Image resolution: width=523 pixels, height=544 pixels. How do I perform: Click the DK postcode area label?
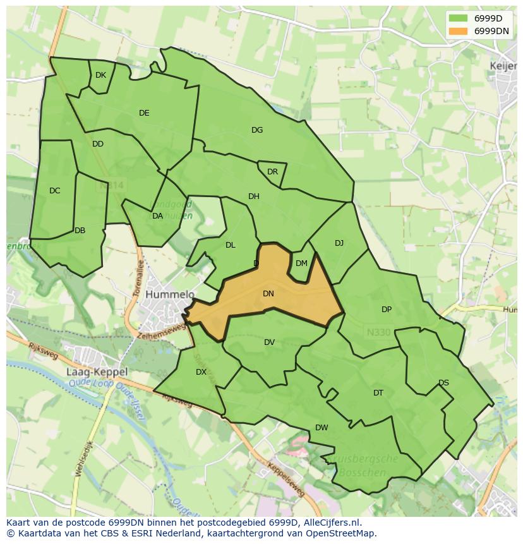(x=100, y=75)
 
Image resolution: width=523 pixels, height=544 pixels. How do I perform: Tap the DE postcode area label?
(x=144, y=113)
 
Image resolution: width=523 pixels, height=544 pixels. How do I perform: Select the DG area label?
(x=257, y=130)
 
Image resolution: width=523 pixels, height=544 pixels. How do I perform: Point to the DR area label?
(x=272, y=172)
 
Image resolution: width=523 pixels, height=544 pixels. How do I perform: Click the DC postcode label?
(x=55, y=191)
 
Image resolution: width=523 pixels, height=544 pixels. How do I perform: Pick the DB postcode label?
(x=80, y=231)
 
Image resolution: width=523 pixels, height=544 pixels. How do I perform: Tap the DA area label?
(x=158, y=216)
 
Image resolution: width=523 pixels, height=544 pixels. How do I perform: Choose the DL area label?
(x=231, y=245)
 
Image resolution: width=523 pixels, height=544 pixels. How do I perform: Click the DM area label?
(x=301, y=263)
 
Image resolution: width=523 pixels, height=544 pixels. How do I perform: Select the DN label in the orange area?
(x=268, y=294)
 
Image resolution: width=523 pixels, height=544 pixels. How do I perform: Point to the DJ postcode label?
(x=339, y=243)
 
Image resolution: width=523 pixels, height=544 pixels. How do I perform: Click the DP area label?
(x=387, y=310)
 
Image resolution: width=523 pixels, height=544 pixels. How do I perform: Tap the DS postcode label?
(x=443, y=383)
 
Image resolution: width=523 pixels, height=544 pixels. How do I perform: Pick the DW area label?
(x=322, y=428)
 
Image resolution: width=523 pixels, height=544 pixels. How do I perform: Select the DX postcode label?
(x=201, y=372)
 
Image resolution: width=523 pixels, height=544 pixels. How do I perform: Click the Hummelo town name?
(x=170, y=295)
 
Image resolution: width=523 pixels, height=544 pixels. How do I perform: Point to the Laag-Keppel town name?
(x=97, y=372)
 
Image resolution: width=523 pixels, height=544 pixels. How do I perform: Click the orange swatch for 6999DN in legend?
(x=459, y=31)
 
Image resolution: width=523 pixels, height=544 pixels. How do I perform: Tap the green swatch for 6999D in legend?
(x=459, y=18)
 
